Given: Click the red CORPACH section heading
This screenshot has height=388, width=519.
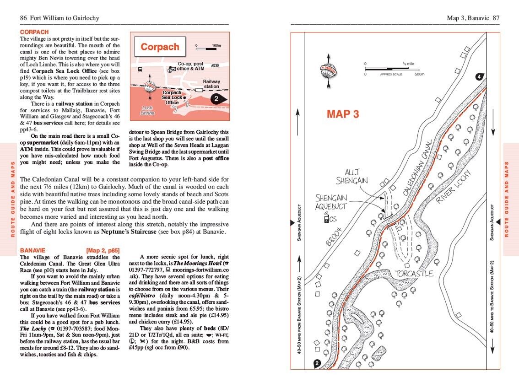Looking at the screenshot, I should (x=34, y=32).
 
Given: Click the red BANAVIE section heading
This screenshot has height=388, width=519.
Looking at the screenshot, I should (x=33, y=250).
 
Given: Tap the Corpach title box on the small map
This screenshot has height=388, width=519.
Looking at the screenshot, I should (x=160, y=47).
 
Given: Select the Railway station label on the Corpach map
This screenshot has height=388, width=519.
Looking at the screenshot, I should (x=211, y=84).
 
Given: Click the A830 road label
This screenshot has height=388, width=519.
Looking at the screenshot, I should (x=216, y=66).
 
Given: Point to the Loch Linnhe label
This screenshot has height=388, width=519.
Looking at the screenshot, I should (x=147, y=110).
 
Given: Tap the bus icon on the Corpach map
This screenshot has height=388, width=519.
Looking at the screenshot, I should (x=140, y=70).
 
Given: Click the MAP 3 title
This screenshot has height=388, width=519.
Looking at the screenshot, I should (x=343, y=114).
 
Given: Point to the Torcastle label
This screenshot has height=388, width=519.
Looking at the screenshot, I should (x=414, y=274).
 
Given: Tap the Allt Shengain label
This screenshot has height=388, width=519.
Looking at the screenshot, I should (x=352, y=176).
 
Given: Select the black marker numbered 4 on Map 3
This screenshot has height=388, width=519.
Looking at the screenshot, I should (x=479, y=77).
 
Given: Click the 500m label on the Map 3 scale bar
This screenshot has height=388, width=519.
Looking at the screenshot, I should (x=419, y=74).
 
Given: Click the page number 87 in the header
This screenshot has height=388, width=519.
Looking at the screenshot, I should (x=496, y=18).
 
